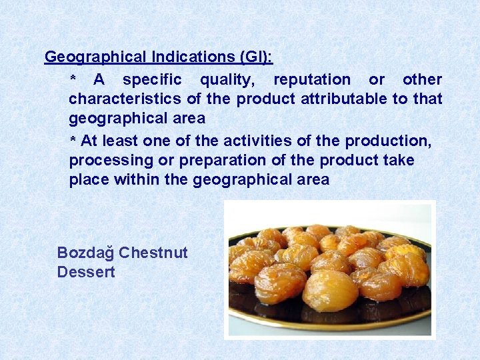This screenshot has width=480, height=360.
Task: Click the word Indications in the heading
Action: click(191, 57)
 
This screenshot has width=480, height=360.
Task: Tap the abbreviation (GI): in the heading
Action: click(252, 57)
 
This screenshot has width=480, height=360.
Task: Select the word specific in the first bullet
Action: click(152, 80)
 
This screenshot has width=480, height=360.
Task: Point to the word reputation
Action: click(312, 80)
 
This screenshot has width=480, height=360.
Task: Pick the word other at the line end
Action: click(422, 80)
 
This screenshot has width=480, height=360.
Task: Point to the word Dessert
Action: click(86, 272)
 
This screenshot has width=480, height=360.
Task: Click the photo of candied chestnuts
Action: click(329, 270)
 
